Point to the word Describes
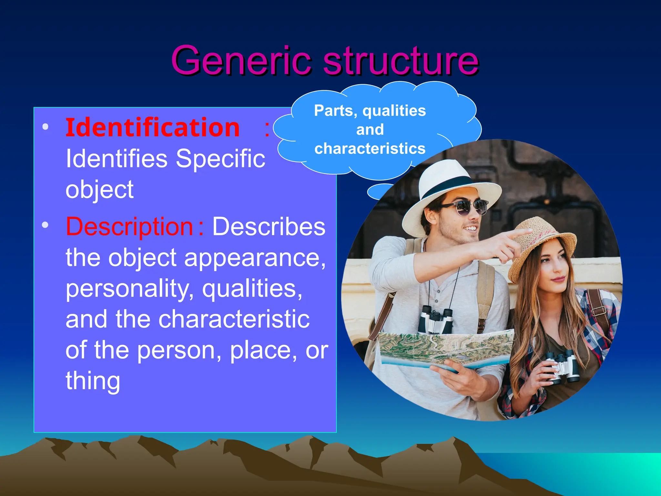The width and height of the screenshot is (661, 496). tap(269, 226)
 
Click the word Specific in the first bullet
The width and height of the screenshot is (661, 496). tap(220, 159)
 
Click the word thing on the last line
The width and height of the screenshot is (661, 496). tap(93, 381)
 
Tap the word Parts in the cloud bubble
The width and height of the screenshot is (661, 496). tap(335, 111)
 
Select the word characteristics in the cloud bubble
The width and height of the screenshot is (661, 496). tap(370, 149)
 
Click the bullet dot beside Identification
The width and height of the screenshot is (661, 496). tap(46, 127)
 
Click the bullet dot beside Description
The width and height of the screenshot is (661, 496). tap(46, 225)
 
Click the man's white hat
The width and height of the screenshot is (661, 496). tap(449, 191)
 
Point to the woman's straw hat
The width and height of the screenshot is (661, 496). tap(542, 245)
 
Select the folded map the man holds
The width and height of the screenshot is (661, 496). tap(445, 349)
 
